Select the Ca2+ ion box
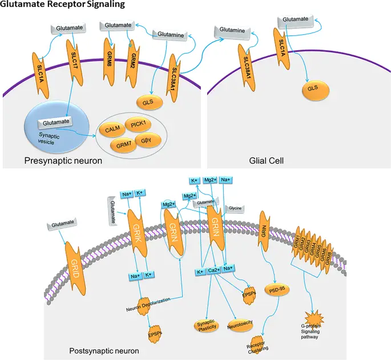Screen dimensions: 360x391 (x=214, y=271)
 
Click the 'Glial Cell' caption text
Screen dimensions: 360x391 (x=265, y=161)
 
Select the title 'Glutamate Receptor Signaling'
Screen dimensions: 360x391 (x=62, y=5)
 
